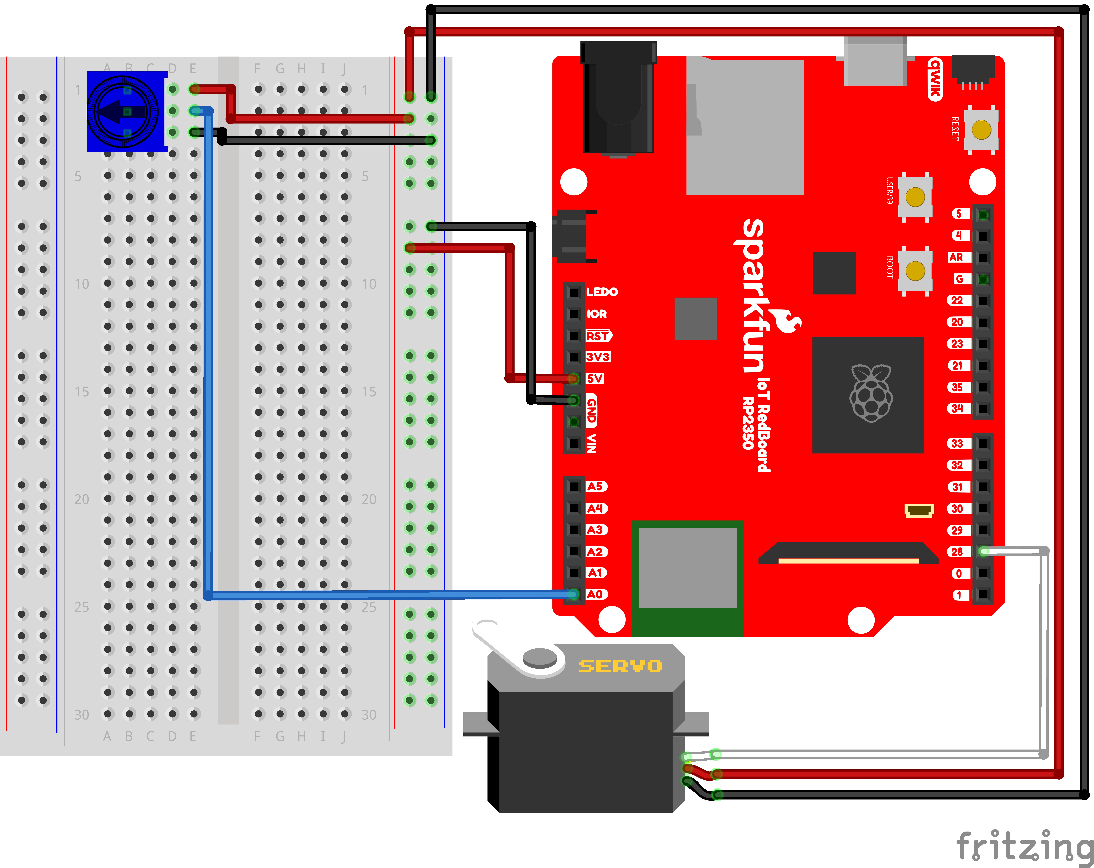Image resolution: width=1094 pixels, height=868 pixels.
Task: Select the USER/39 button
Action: (915, 197)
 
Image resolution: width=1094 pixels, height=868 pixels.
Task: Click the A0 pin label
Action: (595, 594)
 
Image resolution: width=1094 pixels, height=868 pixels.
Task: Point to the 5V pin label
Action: (595, 378)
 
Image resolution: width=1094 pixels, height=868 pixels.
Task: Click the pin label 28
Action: (957, 551)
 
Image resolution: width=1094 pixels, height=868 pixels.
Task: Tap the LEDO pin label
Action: (602, 292)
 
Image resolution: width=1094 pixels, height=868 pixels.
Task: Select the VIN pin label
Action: (592, 443)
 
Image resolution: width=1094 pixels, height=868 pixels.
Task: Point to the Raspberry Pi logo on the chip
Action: (871, 393)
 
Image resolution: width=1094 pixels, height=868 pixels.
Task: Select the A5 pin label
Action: (595, 487)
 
